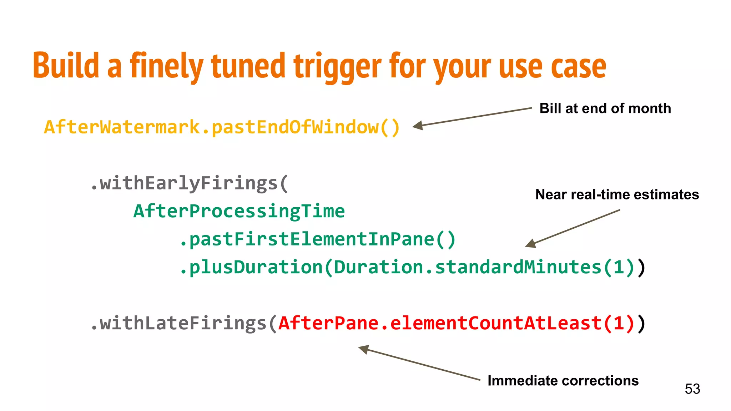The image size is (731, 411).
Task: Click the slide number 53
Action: [x=692, y=389]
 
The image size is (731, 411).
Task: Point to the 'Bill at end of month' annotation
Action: [x=605, y=108]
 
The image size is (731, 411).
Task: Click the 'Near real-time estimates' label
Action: [x=617, y=194]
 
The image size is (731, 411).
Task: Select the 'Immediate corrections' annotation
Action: [x=563, y=381]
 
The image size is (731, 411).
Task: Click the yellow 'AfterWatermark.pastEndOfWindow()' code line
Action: [x=222, y=127]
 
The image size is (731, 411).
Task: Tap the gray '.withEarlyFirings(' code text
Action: [x=189, y=183]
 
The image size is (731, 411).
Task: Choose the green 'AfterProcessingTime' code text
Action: [x=239, y=211]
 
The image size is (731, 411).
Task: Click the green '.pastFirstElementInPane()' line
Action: [x=317, y=239]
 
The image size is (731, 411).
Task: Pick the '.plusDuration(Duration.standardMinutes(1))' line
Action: [x=412, y=267]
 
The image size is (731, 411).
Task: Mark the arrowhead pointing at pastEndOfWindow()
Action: [x=418, y=126]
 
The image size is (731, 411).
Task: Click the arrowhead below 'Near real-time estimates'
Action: [x=531, y=244]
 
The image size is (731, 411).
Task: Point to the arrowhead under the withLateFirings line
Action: [x=364, y=349]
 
